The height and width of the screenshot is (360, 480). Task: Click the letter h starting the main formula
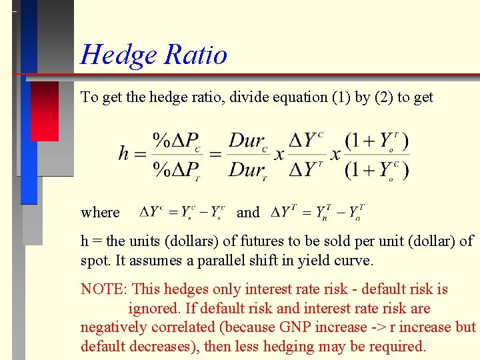tap(123, 154)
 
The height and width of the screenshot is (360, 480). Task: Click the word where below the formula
tap(100, 213)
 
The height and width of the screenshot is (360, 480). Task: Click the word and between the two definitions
tap(248, 213)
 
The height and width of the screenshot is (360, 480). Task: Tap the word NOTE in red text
tap(103, 289)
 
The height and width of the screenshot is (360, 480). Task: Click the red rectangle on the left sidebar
tap(45, 111)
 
